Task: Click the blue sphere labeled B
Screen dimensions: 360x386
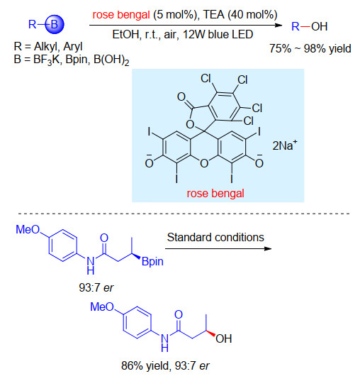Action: click(x=55, y=24)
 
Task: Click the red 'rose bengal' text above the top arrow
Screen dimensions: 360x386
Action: click(x=121, y=15)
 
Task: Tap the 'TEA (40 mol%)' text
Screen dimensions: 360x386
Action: click(x=240, y=14)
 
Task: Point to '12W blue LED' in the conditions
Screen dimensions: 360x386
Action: click(x=218, y=34)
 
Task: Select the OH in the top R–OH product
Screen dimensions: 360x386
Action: click(x=319, y=26)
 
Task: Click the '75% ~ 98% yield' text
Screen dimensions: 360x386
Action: click(x=310, y=48)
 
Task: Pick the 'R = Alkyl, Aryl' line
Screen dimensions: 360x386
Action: click(x=48, y=46)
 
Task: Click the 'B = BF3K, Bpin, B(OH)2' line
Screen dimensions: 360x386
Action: click(x=72, y=60)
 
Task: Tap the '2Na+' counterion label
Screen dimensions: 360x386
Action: click(x=285, y=145)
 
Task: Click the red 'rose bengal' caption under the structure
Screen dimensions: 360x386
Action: click(x=215, y=193)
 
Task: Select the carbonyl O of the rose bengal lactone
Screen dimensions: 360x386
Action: click(x=181, y=96)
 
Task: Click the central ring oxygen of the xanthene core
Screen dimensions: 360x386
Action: click(x=204, y=163)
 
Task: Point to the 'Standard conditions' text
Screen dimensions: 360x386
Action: click(x=215, y=237)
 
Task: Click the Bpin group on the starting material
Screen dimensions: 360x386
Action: click(x=152, y=262)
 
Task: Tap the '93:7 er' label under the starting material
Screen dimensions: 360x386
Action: click(x=96, y=287)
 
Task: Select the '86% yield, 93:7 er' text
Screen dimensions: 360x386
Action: click(x=165, y=366)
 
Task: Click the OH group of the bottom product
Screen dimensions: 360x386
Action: click(x=223, y=338)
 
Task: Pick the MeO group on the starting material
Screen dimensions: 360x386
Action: click(x=28, y=229)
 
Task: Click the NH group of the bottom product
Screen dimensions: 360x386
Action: click(x=164, y=343)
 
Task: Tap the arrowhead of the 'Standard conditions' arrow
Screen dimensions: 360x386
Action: click(x=268, y=248)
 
